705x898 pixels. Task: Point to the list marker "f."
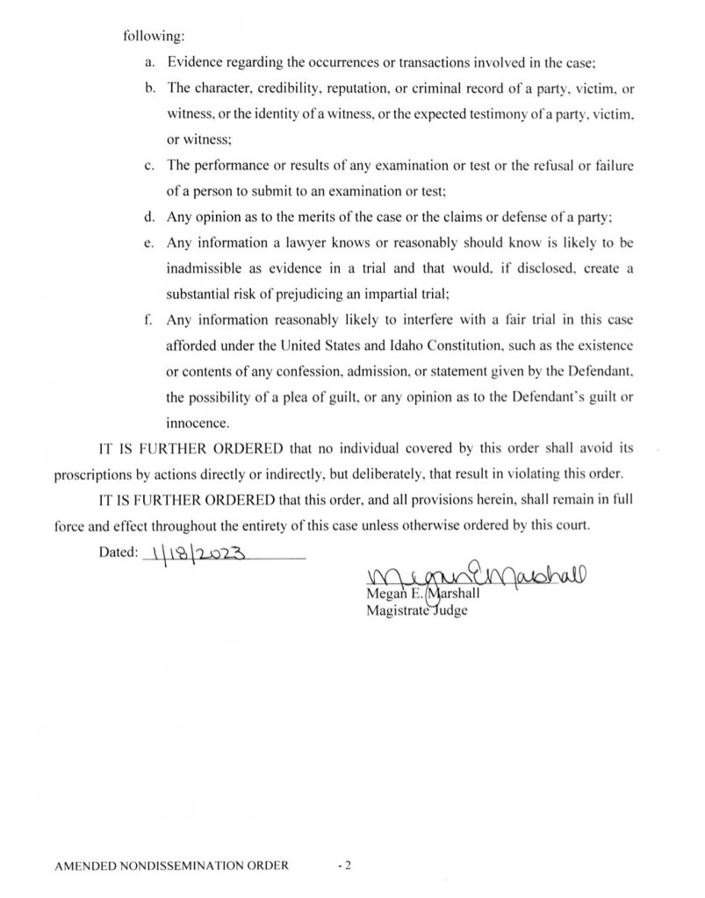tap(147, 319)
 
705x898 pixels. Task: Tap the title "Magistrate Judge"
tap(416, 611)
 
